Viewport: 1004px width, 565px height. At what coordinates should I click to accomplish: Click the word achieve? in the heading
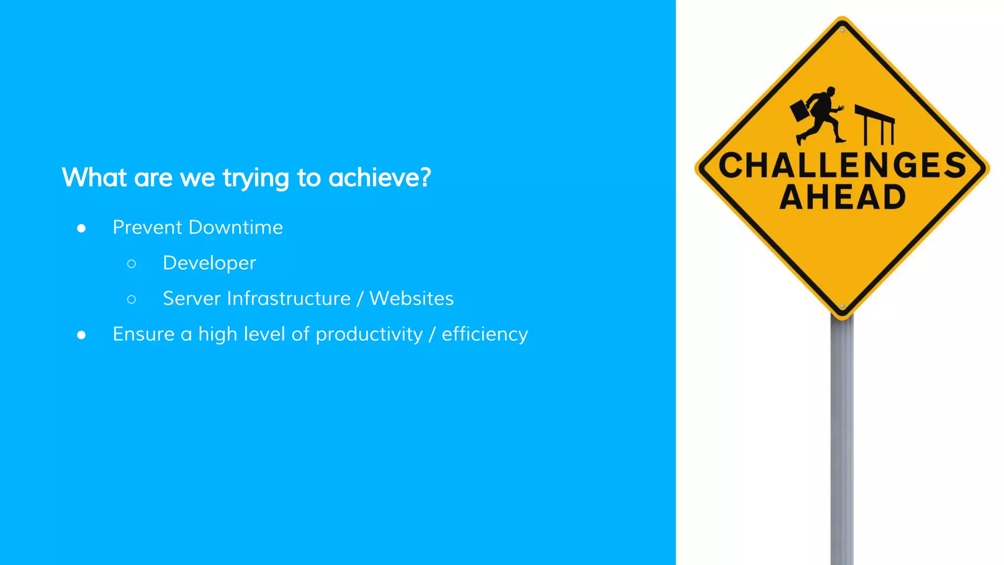[x=379, y=178]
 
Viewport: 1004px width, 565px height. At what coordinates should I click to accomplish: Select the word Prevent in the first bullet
[x=148, y=228]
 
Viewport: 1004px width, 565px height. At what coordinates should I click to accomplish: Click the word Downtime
[x=236, y=228]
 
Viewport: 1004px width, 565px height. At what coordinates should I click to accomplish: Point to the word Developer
[x=209, y=263]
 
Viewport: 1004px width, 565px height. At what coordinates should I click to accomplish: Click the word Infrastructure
[x=289, y=299]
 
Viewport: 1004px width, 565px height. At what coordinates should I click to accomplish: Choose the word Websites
[x=411, y=299]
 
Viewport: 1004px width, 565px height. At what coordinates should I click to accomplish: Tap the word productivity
[x=369, y=334]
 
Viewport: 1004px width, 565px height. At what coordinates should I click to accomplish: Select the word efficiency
[x=485, y=334]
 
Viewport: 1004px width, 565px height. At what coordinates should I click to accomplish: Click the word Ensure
[x=144, y=334]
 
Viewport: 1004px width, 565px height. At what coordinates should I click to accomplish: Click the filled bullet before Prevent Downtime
[x=81, y=229]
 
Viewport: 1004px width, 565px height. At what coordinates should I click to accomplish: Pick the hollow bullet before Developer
[x=131, y=264]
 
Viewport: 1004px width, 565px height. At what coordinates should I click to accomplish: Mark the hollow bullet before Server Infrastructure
[x=131, y=299]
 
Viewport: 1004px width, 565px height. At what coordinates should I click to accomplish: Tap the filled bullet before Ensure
[x=81, y=335]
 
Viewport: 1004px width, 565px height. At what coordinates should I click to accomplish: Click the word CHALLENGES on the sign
[x=842, y=165]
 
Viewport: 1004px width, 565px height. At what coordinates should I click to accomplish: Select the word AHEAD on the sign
[x=842, y=197]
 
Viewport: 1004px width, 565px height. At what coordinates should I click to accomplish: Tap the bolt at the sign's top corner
[x=842, y=30]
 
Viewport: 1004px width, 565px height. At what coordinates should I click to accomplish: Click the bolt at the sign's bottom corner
[x=842, y=306]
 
